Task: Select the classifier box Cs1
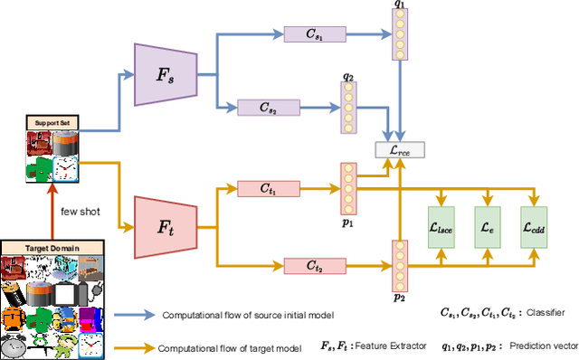[x=309, y=33]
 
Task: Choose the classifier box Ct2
[x=309, y=265]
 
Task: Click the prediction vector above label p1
[x=348, y=188]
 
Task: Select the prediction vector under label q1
[x=399, y=35]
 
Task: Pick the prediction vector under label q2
[x=348, y=108]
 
